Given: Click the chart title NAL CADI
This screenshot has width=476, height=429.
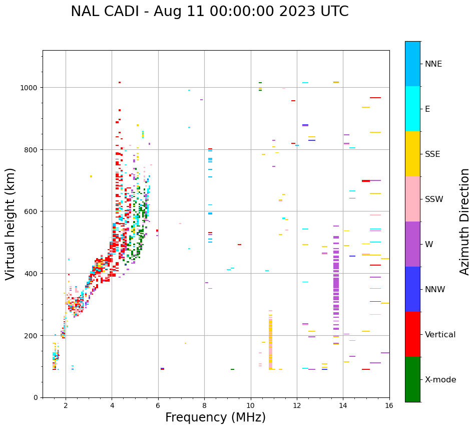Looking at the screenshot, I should pos(209,12).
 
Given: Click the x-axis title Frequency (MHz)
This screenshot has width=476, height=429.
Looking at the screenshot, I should pos(215,417).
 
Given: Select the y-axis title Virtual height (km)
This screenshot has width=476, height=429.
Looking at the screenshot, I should pos(11,224).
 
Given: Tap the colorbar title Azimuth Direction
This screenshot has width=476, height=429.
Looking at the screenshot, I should pos(465,222).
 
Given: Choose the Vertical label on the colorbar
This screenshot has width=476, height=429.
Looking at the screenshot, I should pos(440,335).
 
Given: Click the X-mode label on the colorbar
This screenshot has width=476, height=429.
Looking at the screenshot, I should pos(440,380).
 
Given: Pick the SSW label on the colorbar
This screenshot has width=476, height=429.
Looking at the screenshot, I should pos(434,199).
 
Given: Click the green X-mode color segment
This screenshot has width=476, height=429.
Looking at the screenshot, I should pos(412,379).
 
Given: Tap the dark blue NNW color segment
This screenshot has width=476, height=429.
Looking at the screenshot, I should pos(412,289).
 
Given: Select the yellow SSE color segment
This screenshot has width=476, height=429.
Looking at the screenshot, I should pos(412,154).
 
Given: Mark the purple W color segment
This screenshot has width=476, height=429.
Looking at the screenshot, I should pos(412,244).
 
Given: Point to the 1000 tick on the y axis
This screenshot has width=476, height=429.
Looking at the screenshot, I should pos(31,88).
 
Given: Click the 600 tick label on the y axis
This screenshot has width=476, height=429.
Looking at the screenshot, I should pos(33,211).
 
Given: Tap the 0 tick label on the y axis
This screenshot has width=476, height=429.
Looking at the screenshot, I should pos(36,397).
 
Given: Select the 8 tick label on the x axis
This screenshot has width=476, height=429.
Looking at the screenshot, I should pos(204,406).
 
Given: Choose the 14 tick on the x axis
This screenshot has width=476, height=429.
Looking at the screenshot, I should pos(343,406).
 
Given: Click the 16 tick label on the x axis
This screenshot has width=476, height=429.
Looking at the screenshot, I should pos(389,406).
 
